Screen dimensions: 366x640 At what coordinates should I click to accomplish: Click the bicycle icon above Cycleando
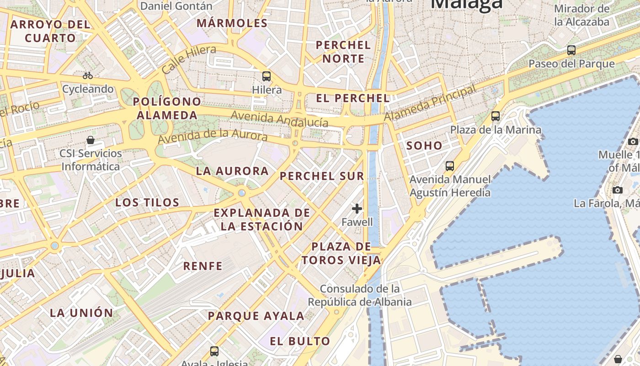88,75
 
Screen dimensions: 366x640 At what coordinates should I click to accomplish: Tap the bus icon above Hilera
267,76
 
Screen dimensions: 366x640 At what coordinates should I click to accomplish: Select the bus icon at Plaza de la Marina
496,116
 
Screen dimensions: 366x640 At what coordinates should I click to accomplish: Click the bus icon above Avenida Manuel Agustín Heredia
450,166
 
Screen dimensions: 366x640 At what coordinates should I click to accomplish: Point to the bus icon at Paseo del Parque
571,50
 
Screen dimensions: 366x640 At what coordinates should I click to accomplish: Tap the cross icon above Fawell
357,209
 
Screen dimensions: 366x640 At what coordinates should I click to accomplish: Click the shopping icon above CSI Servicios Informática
91,140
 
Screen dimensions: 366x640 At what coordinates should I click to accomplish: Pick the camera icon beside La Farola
618,190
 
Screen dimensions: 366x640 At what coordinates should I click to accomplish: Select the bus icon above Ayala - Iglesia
214,351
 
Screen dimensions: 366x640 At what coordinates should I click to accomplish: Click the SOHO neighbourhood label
424,146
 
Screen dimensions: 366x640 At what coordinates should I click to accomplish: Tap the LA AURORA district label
232,171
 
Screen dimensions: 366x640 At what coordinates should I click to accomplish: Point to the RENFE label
203,266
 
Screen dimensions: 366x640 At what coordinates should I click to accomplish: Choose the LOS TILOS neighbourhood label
147,202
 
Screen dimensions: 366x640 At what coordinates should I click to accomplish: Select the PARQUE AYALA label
256,316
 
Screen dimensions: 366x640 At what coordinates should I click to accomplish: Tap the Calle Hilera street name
189,59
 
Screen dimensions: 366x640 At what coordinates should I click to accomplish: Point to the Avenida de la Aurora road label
213,135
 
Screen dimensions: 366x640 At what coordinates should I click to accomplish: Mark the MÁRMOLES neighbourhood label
232,23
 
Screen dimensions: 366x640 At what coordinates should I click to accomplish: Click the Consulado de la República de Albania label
360,295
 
